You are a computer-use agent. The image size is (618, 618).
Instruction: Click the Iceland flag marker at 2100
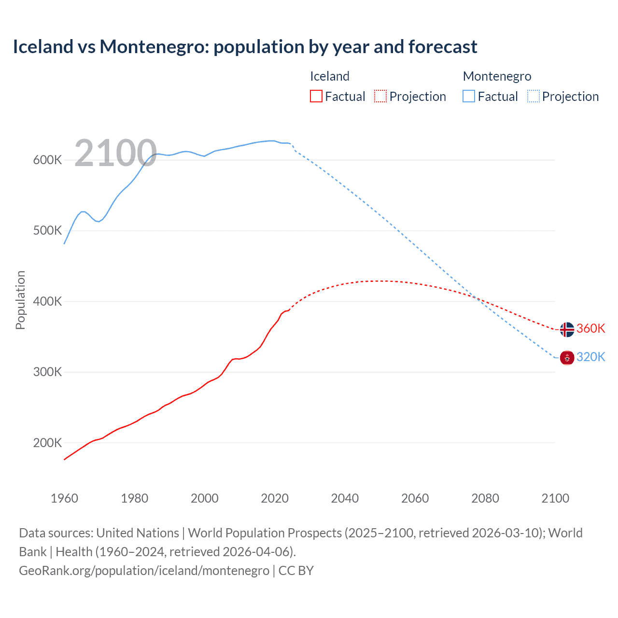click(x=567, y=329)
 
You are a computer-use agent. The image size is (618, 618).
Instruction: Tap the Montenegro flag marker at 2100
click(x=567, y=358)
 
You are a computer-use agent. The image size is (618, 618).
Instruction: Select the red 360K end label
click(x=591, y=328)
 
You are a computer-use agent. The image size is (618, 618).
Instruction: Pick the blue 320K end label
click(x=591, y=357)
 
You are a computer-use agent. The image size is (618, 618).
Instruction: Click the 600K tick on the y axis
click(x=47, y=160)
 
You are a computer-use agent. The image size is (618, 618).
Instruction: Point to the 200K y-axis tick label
click(x=47, y=443)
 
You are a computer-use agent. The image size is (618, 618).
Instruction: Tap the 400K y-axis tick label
click(x=47, y=302)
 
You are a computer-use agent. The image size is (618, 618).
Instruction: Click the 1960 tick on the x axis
click(x=64, y=498)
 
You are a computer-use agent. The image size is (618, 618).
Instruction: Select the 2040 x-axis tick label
click(x=345, y=498)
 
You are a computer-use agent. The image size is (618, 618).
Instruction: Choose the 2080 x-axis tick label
click(x=485, y=498)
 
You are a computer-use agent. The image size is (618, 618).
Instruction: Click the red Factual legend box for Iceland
click(x=316, y=96)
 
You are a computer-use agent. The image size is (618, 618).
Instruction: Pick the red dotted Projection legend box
click(x=380, y=96)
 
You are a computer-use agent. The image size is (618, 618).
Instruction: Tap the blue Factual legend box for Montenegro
click(x=468, y=96)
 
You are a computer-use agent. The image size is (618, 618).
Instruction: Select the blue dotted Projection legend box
click(x=533, y=96)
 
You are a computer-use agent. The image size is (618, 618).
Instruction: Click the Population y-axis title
click(x=20, y=300)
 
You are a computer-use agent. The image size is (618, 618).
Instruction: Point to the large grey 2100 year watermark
click(x=115, y=153)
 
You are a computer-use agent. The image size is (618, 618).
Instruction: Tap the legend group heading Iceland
click(x=329, y=76)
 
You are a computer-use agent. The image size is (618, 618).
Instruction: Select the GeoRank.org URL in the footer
click(x=144, y=571)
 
